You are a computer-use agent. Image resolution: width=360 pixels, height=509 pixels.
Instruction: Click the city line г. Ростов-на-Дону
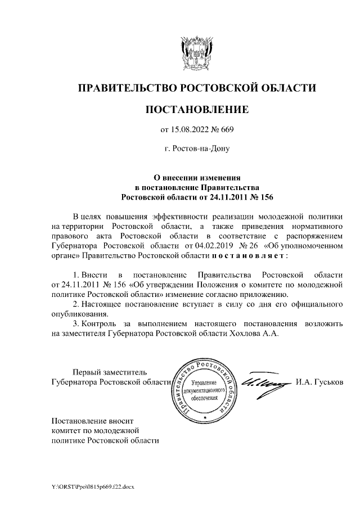[196, 150]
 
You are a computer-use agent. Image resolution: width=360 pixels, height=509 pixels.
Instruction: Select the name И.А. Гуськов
[318, 381]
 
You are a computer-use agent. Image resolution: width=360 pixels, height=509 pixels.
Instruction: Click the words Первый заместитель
[110, 371]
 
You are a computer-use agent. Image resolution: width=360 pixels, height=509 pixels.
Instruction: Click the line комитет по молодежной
[94, 430]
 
